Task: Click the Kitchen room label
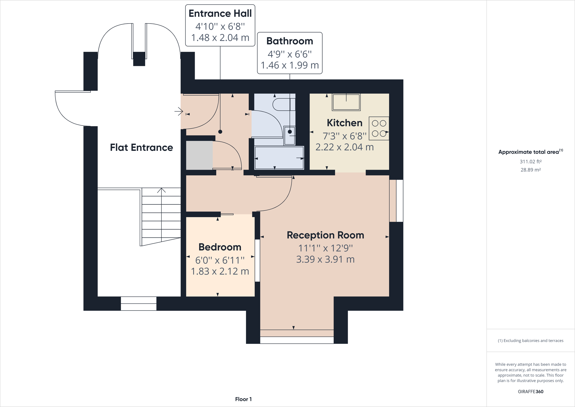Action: click(345, 123)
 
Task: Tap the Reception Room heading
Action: click(325, 235)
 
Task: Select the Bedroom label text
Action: click(220, 247)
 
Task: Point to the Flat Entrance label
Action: click(142, 147)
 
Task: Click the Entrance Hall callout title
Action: click(220, 13)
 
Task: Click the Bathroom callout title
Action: click(290, 41)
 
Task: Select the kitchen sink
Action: click(346, 102)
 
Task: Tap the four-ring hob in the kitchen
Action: click(379, 128)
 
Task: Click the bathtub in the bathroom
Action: click(279, 158)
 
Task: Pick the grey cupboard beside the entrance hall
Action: click(199, 155)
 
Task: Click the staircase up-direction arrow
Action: click(161, 191)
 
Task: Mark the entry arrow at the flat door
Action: click(179, 111)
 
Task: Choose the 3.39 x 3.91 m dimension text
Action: click(325, 259)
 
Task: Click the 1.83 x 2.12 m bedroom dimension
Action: click(220, 271)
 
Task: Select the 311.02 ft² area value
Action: click(531, 162)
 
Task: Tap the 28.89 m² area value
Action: click(531, 170)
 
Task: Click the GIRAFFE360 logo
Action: click(531, 391)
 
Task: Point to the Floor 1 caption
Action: click(243, 399)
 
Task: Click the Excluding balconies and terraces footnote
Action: click(531, 341)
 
